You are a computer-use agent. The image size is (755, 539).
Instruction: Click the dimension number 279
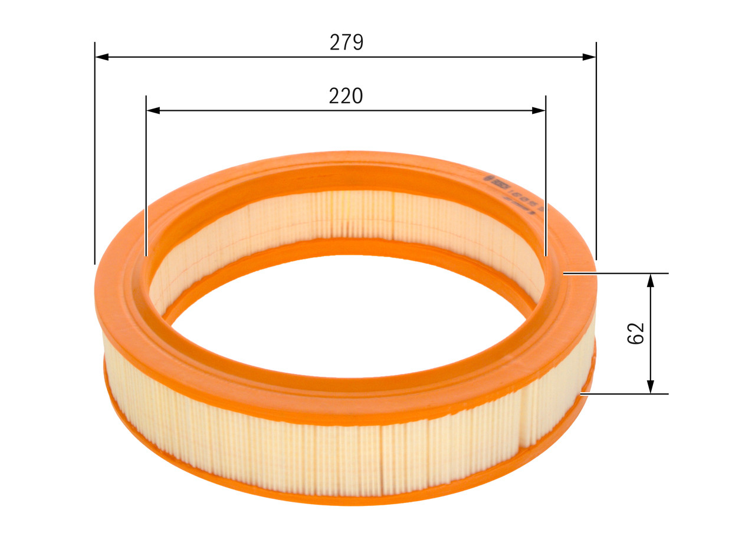pyautogui.click(x=346, y=42)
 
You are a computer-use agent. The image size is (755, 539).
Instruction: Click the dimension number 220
pyautogui.click(x=346, y=96)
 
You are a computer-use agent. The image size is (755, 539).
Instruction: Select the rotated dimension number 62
pyautogui.click(x=636, y=334)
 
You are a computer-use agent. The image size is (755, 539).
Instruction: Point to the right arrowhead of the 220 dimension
pyautogui.click(x=538, y=110)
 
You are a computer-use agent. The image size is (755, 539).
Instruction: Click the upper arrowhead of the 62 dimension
pyautogui.click(x=650, y=281)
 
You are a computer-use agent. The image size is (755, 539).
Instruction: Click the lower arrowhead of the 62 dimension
pyautogui.click(x=650, y=386)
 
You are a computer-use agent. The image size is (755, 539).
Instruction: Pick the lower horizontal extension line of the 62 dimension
pyautogui.click(x=625, y=393)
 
